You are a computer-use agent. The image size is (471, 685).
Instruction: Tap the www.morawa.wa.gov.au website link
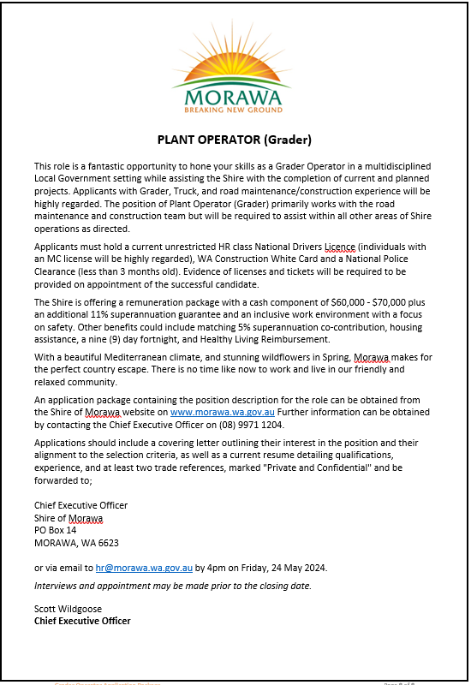pos(223,412)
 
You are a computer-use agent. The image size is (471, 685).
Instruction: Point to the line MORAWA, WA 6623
pos(76,542)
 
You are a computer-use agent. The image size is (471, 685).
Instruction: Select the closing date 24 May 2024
pos(297,567)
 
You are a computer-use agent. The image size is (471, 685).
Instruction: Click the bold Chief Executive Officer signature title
pos(82,621)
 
